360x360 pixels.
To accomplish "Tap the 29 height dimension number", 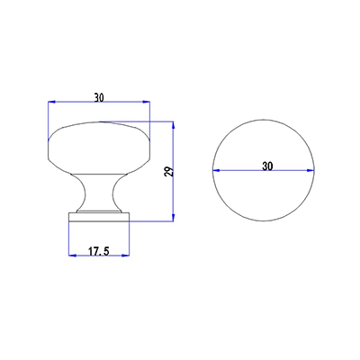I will pyautogui.click(x=167, y=171).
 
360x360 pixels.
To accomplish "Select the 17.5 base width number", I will pyautogui.click(x=98, y=252).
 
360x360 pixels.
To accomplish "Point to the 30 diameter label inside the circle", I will pyautogui.click(x=267, y=166).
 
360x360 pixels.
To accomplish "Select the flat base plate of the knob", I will pyautogui.click(x=98, y=214).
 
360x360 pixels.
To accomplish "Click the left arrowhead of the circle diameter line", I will pyautogui.click(x=216, y=172).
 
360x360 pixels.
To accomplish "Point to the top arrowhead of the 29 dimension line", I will pyautogui.click(x=174, y=124).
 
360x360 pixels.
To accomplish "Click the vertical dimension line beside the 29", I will pyautogui.click(x=174, y=193).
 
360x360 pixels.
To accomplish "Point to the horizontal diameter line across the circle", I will pyautogui.click(x=243, y=172).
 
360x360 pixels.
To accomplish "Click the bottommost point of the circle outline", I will pyautogui.click(x=266, y=223).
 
